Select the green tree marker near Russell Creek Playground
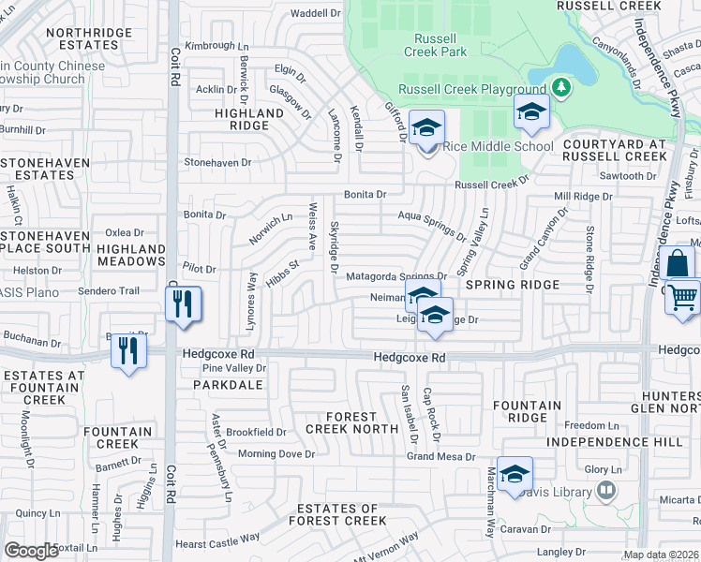pyautogui.click(x=561, y=88)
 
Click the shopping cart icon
pyautogui.click(x=684, y=297)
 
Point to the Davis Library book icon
pyautogui.click(x=606, y=491)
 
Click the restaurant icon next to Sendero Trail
pyautogui.click(x=183, y=304)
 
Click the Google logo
pyautogui.click(x=31, y=551)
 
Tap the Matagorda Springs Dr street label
pyautogui.click(x=395, y=277)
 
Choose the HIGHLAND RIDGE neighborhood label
pyautogui.click(x=249, y=119)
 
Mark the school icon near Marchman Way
pyautogui.click(x=515, y=475)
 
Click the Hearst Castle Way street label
pyautogui.click(x=216, y=540)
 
